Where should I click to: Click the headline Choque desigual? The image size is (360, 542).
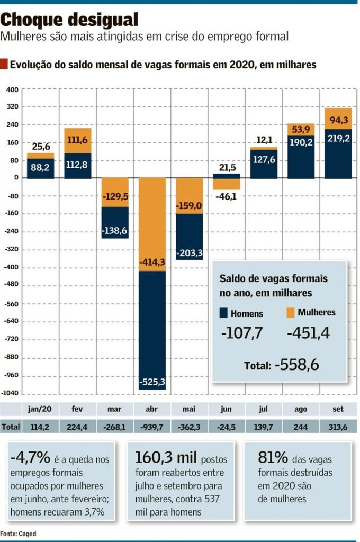point(69,20)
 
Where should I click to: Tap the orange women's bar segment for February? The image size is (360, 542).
point(78,140)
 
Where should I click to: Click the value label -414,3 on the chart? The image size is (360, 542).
point(152,261)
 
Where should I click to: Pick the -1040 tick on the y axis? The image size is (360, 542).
point(11,393)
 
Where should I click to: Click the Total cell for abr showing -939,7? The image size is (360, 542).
point(152,427)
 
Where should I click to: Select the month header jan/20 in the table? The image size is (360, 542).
point(40,409)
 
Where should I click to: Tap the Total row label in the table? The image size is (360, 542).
point(11,427)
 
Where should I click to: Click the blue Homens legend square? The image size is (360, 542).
point(223,313)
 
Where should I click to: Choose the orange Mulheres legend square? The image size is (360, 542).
point(290,312)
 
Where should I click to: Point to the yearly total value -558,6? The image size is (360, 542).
point(296,365)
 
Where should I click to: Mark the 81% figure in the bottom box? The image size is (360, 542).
point(273,457)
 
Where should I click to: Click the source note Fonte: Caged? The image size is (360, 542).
point(18,534)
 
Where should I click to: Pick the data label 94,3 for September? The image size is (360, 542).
point(339,119)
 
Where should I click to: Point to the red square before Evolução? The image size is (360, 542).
point(4,65)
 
